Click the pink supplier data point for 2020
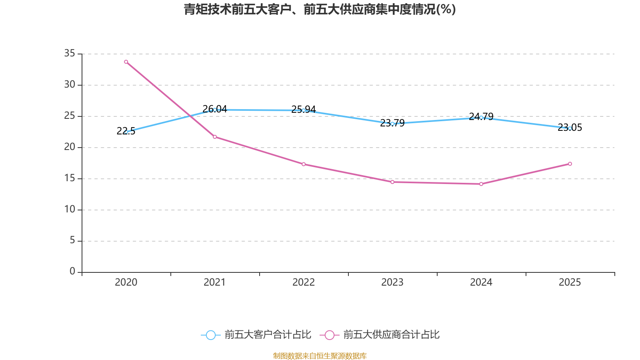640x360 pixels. (126, 62)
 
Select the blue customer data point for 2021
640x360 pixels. (215, 110)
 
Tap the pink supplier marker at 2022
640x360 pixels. (304, 164)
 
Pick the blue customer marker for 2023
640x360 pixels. (392, 124)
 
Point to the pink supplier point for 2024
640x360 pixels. (481, 184)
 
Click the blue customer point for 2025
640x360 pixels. (570, 128)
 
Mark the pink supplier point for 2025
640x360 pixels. (570, 164)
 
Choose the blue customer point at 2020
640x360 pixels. (126, 132)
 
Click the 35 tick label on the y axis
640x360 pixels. (70, 53)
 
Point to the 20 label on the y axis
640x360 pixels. (70, 147)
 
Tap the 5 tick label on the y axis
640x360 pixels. (72, 240)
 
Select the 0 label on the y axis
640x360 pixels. (72, 271)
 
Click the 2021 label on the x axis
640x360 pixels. (215, 282)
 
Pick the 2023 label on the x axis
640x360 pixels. (392, 282)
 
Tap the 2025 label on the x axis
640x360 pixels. (570, 282)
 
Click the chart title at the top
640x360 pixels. (320, 9)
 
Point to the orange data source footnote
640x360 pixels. (320, 356)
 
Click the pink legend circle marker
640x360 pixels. (330, 335)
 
